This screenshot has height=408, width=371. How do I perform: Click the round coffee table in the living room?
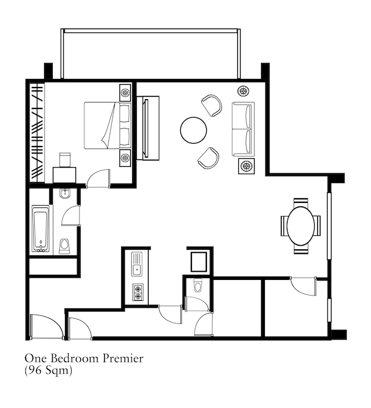tap(194, 130)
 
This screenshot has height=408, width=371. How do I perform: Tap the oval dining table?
tap(300, 226)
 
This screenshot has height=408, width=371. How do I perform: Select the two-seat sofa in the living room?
tap(243, 129)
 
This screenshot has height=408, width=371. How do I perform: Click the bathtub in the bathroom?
tap(41, 229)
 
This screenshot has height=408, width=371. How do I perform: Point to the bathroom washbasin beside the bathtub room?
tap(64, 194)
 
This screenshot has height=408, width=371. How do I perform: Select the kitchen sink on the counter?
tap(137, 264)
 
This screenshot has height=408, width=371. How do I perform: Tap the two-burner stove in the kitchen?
tap(138, 293)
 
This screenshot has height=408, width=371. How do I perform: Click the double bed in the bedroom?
tap(107, 125)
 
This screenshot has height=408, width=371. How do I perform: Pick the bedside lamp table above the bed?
tap(125, 92)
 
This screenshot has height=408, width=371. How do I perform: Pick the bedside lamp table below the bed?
tap(125, 158)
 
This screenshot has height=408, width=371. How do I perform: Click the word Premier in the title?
tap(123, 358)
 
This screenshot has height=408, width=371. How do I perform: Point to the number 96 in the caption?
tap(35, 370)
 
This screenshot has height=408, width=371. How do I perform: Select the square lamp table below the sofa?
tap(246, 166)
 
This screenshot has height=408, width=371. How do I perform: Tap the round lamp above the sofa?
tap(243, 91)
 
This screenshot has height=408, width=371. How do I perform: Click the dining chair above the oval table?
tap(301, 202)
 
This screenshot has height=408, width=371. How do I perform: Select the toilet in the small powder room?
tap(198, 286)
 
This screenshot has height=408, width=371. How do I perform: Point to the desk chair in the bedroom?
tap(65, 159)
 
